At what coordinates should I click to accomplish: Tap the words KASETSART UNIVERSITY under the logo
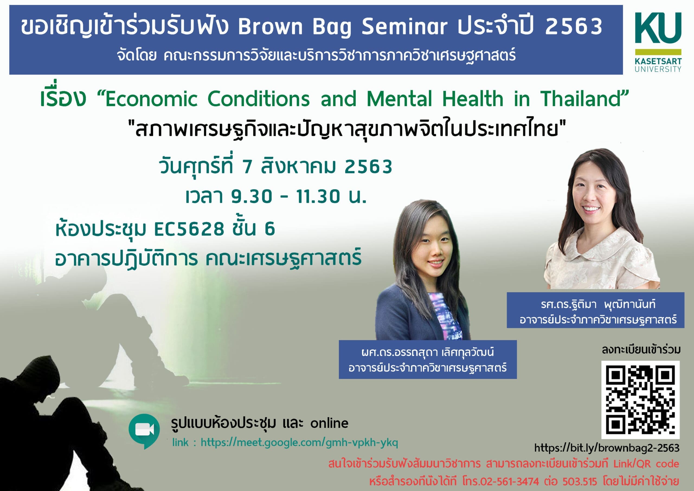[658, 65]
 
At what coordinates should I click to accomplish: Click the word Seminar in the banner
[404, 26]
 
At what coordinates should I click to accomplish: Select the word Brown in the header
[270, 26]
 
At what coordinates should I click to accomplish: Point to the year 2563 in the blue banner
[573, 26]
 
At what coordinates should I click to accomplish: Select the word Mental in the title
[399, 99]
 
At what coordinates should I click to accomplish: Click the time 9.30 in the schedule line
[252, 196]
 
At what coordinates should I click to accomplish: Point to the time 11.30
[318, 196]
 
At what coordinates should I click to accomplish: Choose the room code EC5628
[189, 229]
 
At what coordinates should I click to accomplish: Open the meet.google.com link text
[299, 443]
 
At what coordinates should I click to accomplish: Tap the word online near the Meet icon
[329, 423]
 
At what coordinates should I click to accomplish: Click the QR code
[640, 400]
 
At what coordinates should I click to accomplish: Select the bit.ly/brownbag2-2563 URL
[607, 448]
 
